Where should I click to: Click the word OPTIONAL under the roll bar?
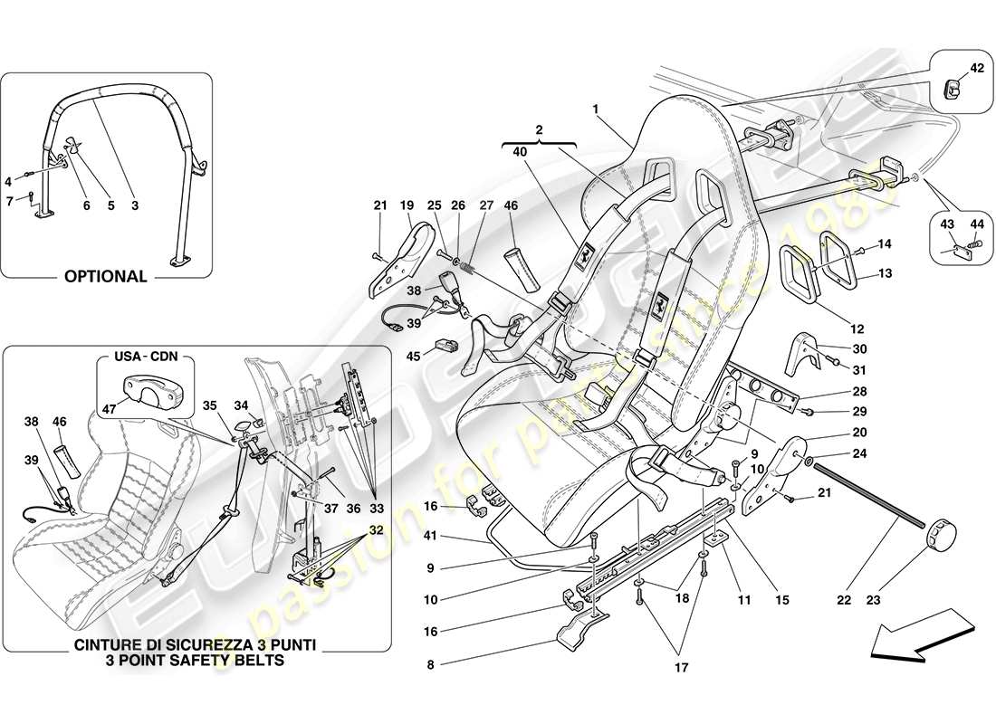coord(106,277)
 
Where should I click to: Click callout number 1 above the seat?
coord(596,109)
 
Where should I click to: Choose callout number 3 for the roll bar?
coord(134,206)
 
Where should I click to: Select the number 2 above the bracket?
coord(540,130)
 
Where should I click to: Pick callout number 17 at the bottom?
coord(682,668)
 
